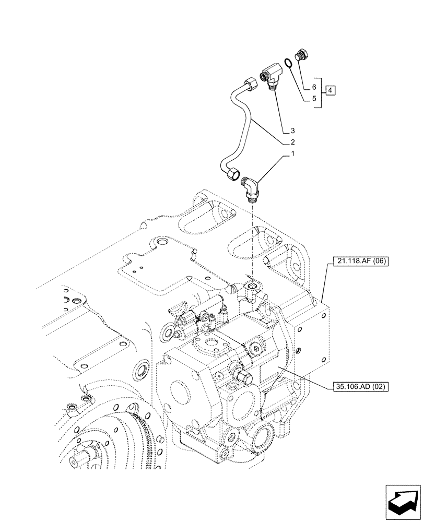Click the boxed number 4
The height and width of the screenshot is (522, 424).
pos(331,91)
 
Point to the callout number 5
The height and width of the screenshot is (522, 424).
pos(314,98)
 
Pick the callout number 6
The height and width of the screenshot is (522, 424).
pos(314,86)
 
